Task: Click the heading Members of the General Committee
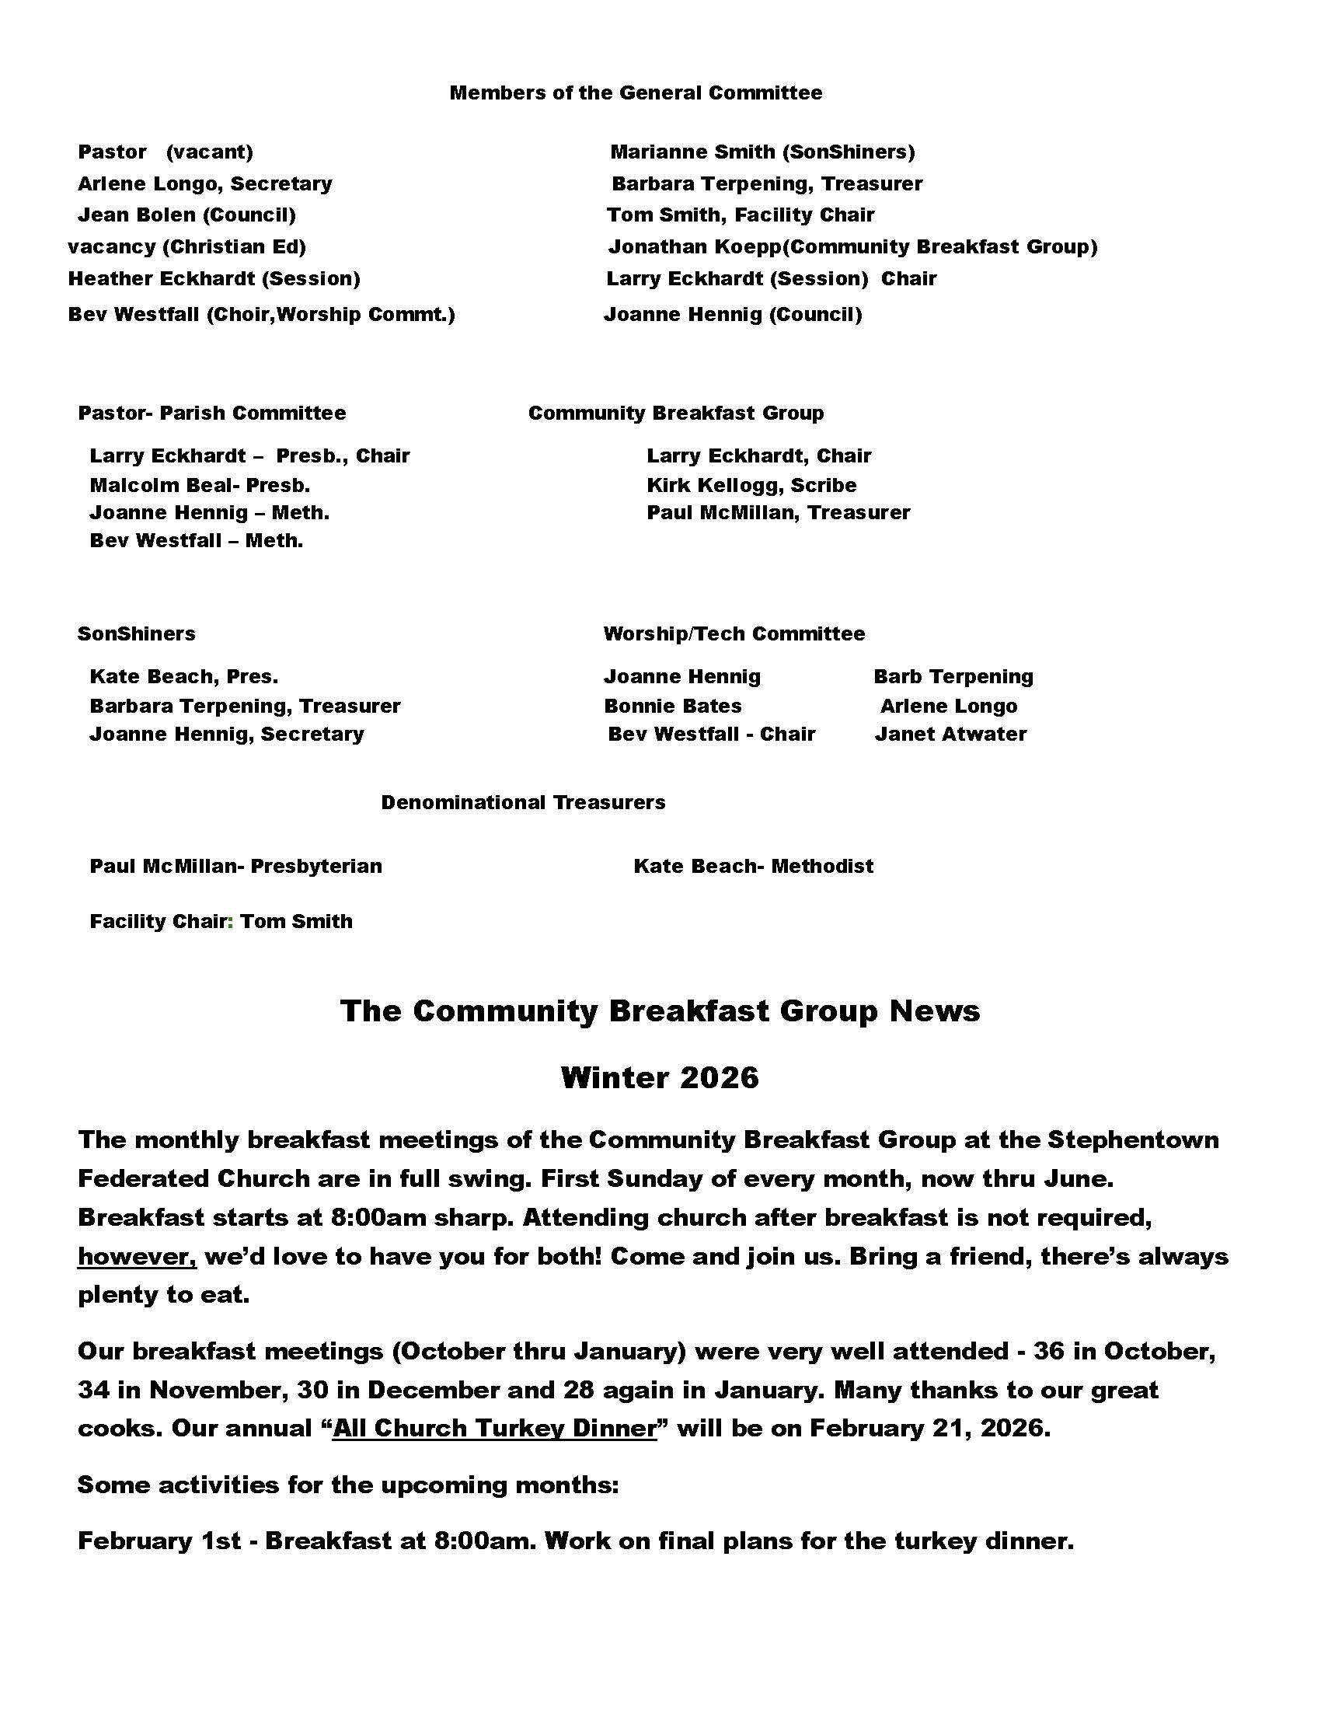636,93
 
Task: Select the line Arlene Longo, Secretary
204,184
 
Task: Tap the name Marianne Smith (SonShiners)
762,152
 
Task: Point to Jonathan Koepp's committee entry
852,247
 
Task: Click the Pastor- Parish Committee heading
211,414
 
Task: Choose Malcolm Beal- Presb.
200,486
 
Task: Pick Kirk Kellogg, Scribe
751,486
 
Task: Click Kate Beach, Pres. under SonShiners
184,676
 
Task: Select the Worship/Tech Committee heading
734,633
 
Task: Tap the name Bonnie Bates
672,707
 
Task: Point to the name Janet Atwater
950,735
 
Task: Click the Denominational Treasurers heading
523,803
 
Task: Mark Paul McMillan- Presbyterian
235,867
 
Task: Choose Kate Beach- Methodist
753,867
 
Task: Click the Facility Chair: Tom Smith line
221,922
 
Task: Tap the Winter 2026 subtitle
660,1078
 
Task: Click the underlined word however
137,1257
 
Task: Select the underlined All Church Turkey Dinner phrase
494,1428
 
